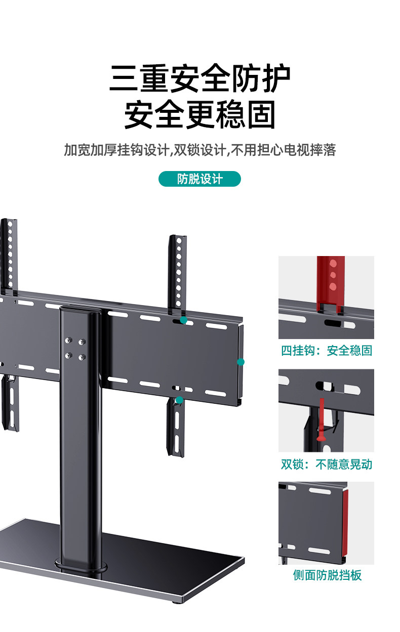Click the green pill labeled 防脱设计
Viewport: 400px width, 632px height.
[x=199, y=179]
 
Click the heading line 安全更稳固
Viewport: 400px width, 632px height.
[x=200, y=114]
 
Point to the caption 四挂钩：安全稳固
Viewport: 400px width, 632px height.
[x=327, y=350]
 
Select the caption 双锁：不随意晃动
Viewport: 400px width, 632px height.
[x=327, y=464]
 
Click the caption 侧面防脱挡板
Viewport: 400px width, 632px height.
[x=327, y=575]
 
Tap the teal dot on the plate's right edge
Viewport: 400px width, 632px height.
[x=241, y=362]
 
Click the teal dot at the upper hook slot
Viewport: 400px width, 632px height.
[x=183, y=320]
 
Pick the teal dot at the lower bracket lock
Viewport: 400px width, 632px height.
[x=179, y=400]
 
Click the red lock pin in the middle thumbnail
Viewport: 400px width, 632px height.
[x=322, y=420]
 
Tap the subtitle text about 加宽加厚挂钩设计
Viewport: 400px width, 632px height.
[x=200, y=150]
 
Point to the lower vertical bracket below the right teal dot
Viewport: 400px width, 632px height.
[x=176, y=428]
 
